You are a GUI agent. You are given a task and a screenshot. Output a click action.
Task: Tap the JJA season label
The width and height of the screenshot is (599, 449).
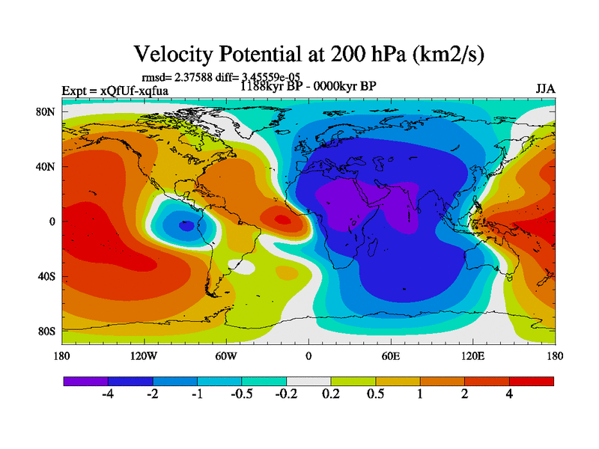click(545, 88)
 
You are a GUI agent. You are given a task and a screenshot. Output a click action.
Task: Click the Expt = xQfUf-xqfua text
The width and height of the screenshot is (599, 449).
click(115, 91)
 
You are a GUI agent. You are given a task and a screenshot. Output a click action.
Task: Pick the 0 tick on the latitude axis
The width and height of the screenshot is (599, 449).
click(52, 222)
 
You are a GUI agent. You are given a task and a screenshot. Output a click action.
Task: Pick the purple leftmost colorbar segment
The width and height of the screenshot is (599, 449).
click(86, 381)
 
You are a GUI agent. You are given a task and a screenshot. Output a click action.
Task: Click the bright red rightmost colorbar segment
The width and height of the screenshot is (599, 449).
click(532, 381)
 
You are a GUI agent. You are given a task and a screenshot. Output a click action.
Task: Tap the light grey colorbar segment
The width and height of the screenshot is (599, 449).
click(308, 381)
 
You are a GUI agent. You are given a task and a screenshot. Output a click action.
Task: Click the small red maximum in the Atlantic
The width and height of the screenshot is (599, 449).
click(282, 220)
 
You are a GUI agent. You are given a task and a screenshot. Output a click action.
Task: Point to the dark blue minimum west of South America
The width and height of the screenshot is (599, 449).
click(186, 224)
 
